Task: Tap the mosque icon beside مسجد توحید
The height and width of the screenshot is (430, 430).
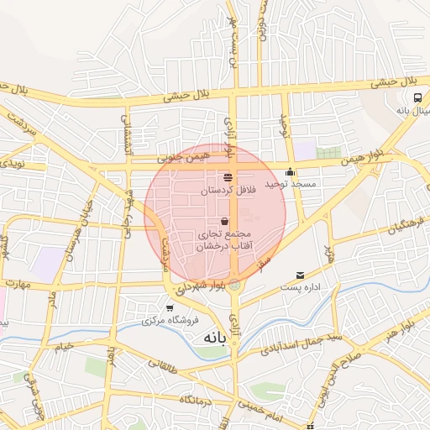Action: point(291,172)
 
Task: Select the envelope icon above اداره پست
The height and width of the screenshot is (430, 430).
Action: point(300,275)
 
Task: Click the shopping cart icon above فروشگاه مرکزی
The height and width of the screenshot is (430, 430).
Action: point(170,308)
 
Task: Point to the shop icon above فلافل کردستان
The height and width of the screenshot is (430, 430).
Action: point(228,176)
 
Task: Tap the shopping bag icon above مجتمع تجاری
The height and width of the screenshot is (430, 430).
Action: point(223,221)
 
